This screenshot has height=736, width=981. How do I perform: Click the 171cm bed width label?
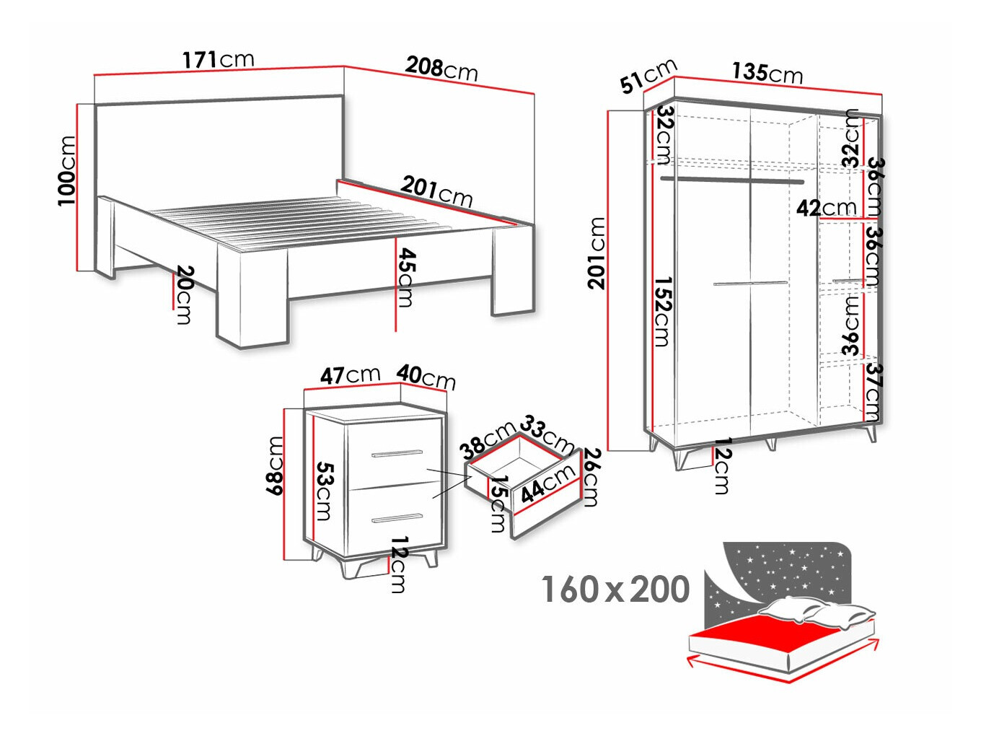pyautogui.click(x=218, y=59)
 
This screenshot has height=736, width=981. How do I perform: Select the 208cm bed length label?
pyautogui.click(x=441, y=69)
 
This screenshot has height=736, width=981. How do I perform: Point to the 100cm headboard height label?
pyautogui.click(x=66, y=170)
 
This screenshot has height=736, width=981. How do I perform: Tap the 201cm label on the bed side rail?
pyautogui.click(x=436, y=191)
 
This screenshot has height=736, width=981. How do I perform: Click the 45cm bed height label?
pyautogui.click(x=406, y=277)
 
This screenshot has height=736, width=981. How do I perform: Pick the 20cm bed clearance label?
pyautogui.click(x=185, y=294)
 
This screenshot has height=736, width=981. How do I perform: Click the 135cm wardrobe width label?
pyautogui.click(x=767, y=72)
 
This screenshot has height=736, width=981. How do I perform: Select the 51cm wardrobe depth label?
pyautogui.click(x=648, y=76)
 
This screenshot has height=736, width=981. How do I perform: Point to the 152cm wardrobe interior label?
pyautogui.click(x=662, y=311)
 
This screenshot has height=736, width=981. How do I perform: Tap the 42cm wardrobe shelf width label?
pyautogui.click(x=826, y=209)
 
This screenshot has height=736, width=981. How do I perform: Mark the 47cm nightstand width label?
pyautogui.click(x=350, y=375)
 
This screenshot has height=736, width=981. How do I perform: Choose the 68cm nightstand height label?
pyautogui.click(x=275, y=465)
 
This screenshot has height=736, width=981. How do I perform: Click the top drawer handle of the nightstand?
pyautogui.click(x=397, y=454)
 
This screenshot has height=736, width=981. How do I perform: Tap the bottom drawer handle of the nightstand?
pyautogui.click(x=397, y=518)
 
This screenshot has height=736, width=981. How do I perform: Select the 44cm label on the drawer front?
pyautogui.click(x=547, y=483)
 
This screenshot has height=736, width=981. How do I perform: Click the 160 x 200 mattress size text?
pyautogui.click(x=615, y=590)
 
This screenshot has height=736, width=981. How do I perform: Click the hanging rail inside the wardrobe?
pyautogui.click(x=731, y=180)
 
